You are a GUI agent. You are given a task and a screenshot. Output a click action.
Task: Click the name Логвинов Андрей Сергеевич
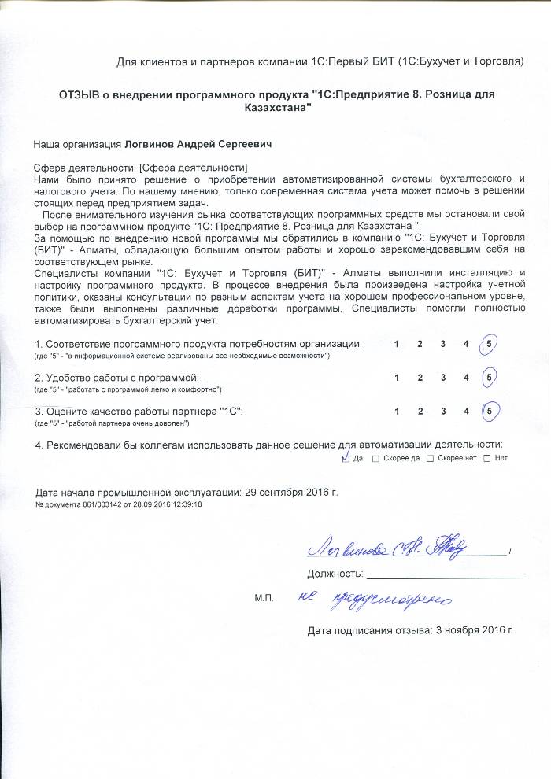(201, 146)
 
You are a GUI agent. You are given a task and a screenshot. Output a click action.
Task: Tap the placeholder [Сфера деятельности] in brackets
(193, 168)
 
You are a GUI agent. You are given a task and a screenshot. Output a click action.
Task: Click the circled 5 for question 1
(490, 344)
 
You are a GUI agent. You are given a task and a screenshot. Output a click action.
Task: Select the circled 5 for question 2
(490, 378)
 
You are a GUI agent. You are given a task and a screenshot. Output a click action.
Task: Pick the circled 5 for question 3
(490, 411)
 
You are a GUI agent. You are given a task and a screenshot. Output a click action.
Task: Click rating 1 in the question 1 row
(397, 344)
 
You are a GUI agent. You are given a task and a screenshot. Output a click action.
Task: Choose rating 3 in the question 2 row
(443, 378)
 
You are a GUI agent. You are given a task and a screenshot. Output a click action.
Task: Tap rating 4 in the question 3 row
(466, 411)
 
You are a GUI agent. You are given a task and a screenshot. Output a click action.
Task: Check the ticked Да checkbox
(346, 458)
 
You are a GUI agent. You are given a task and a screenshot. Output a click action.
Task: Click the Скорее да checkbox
(375, 458)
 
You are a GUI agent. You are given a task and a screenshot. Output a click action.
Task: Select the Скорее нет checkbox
(430, 458)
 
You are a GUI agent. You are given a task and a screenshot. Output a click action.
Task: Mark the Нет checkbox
(486, 458)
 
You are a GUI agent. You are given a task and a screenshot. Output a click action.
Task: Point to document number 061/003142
(102, 504)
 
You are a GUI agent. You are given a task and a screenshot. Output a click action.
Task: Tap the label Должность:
(335, 573)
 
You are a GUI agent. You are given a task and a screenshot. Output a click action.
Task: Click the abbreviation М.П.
(264, 599)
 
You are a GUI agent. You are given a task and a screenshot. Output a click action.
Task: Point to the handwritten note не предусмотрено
(375, 600)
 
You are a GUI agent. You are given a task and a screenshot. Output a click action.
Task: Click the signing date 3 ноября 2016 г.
(471, 630)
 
